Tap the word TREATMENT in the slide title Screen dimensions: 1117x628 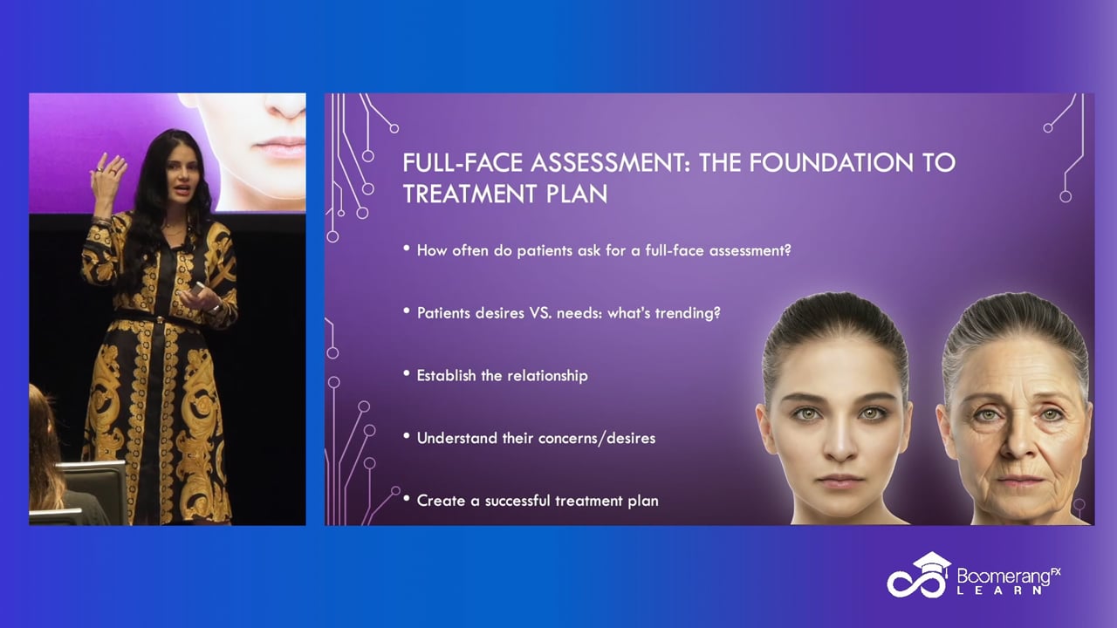click(470, 194)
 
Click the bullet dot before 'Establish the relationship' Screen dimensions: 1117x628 click(407, 372)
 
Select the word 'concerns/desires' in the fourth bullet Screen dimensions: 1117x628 click(596, 438)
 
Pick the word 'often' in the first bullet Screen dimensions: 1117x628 click(470, 250)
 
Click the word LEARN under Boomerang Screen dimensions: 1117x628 click(999, 590)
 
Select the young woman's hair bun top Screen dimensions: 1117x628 click(833, 305)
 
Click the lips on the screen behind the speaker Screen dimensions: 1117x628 click(278, 147)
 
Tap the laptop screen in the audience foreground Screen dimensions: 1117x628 click(93, 486)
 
